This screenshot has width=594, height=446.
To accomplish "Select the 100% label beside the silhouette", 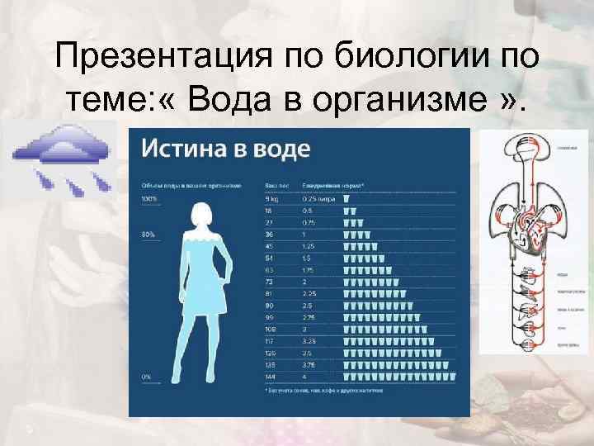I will click(148, 199).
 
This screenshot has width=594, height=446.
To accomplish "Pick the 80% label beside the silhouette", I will click(148, 235).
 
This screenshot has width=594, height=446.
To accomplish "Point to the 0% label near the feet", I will click(146, 376).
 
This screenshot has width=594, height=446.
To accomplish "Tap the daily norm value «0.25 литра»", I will click(318, 199).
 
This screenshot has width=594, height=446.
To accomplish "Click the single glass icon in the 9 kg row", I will click(346, 199).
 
